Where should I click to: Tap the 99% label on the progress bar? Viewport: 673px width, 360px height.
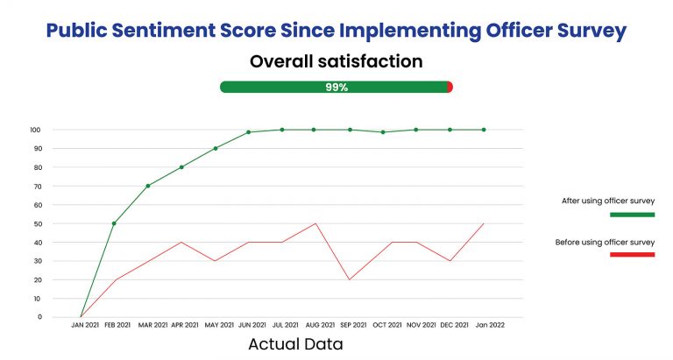[x=336, y=87]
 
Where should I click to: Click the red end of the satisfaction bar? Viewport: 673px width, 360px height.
[x=450, y=87]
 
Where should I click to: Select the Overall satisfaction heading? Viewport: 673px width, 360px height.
[x=336, y=61]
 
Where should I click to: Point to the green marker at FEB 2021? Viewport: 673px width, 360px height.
[x=114, y=223]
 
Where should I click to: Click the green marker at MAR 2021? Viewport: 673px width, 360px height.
[x=148, y=186]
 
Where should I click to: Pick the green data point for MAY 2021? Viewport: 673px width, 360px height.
[x=216, y=148]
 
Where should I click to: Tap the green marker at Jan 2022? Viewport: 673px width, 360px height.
[x=484, y=130]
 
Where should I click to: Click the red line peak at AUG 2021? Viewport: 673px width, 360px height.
[x=315, y=223]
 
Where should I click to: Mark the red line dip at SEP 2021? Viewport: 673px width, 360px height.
[x=350, y=279]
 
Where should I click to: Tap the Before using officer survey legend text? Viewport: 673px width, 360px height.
[x=605, y=242]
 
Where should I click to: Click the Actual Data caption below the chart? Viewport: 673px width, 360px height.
[x=295, y=344]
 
